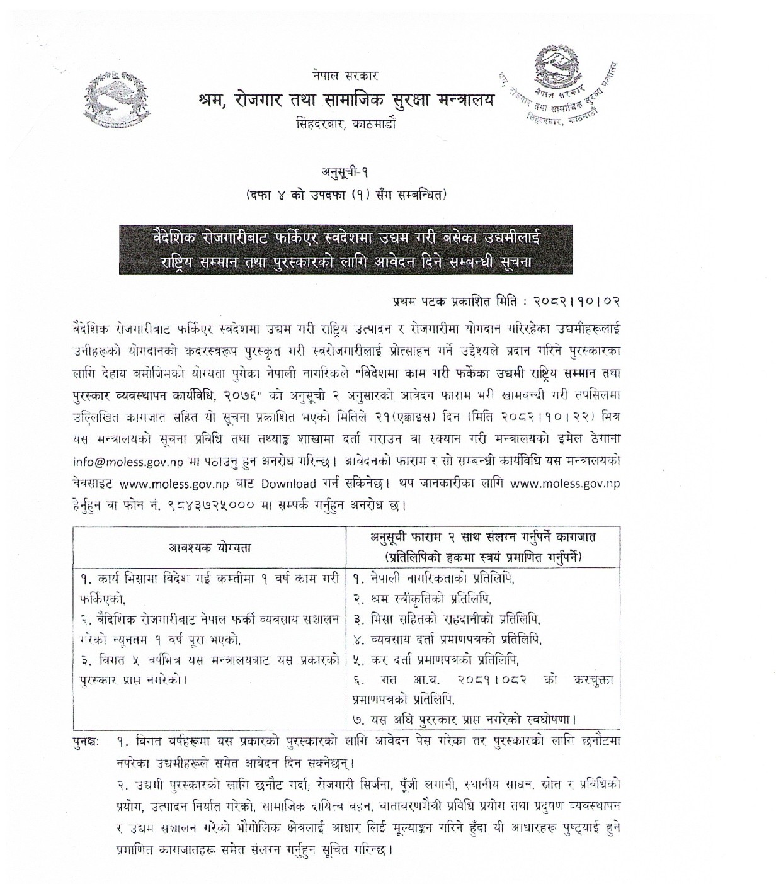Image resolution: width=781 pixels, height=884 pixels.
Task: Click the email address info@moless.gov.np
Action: tap(128, 461)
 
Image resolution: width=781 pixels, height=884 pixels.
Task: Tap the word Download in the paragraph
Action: tap(288, 484)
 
